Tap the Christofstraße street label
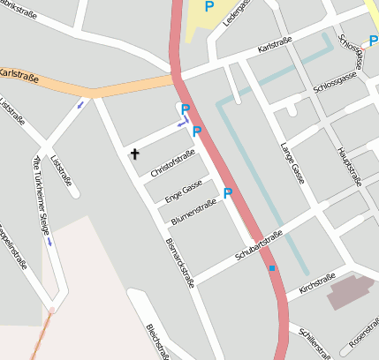172,163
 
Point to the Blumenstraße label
193,212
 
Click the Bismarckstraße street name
179,261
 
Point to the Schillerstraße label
315,343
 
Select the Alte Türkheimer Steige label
42,195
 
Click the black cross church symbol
135,154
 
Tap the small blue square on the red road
272,268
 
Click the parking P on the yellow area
209,7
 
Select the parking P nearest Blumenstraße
228,193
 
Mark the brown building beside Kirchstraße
350,291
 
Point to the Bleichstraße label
158,342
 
